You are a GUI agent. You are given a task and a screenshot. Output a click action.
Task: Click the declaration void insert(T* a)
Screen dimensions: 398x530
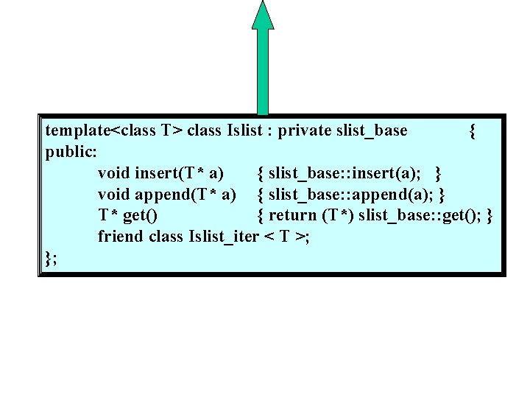coord(161,173)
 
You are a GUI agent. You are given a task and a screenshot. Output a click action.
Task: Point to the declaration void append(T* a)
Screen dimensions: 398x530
coord(167,195)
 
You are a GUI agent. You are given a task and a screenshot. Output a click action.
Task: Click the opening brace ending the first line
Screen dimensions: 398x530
coord(472,131)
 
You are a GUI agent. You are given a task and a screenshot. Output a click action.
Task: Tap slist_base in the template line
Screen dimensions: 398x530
coord(371,131)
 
